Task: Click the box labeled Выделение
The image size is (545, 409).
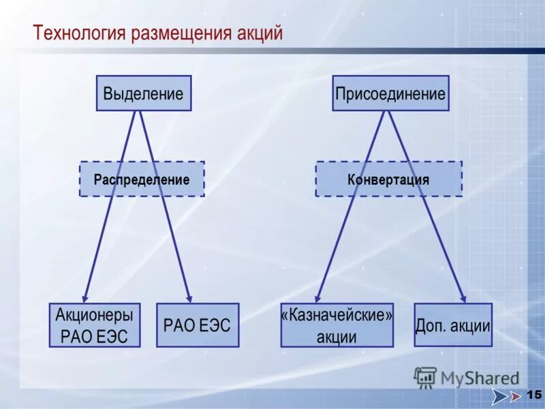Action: click(143, 93)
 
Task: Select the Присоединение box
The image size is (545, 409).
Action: click(390, 93)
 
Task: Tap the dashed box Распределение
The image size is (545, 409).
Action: click(142, 179)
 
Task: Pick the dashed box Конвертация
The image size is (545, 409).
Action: click(388, 179)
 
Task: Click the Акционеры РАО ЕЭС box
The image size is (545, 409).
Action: click(94, 325)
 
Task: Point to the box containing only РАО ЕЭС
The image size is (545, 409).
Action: click(198, 325)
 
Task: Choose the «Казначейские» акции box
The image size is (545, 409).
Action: click(337, 325)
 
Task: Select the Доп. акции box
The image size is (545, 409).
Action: click(453, 325)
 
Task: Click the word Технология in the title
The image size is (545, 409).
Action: click(76, 33)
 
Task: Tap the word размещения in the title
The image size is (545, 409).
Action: click(177, 33)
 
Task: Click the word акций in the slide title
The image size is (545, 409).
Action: click(260, 33)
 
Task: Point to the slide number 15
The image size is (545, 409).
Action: click(533, 395)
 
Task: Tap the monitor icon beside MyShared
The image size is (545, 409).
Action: click(425, 377)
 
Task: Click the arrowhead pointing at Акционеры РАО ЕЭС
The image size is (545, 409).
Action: click(85, 298)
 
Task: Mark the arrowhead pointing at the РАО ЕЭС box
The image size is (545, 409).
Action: click(189, 298)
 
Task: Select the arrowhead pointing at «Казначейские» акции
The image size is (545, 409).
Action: click(317, 298)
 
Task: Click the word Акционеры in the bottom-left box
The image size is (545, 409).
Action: click(94, 315)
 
